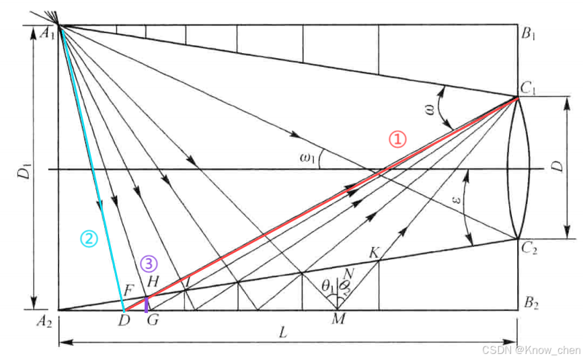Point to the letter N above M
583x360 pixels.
(348, 274)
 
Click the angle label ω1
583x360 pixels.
(308, 158)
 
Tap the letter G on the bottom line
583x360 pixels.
(153, 319)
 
